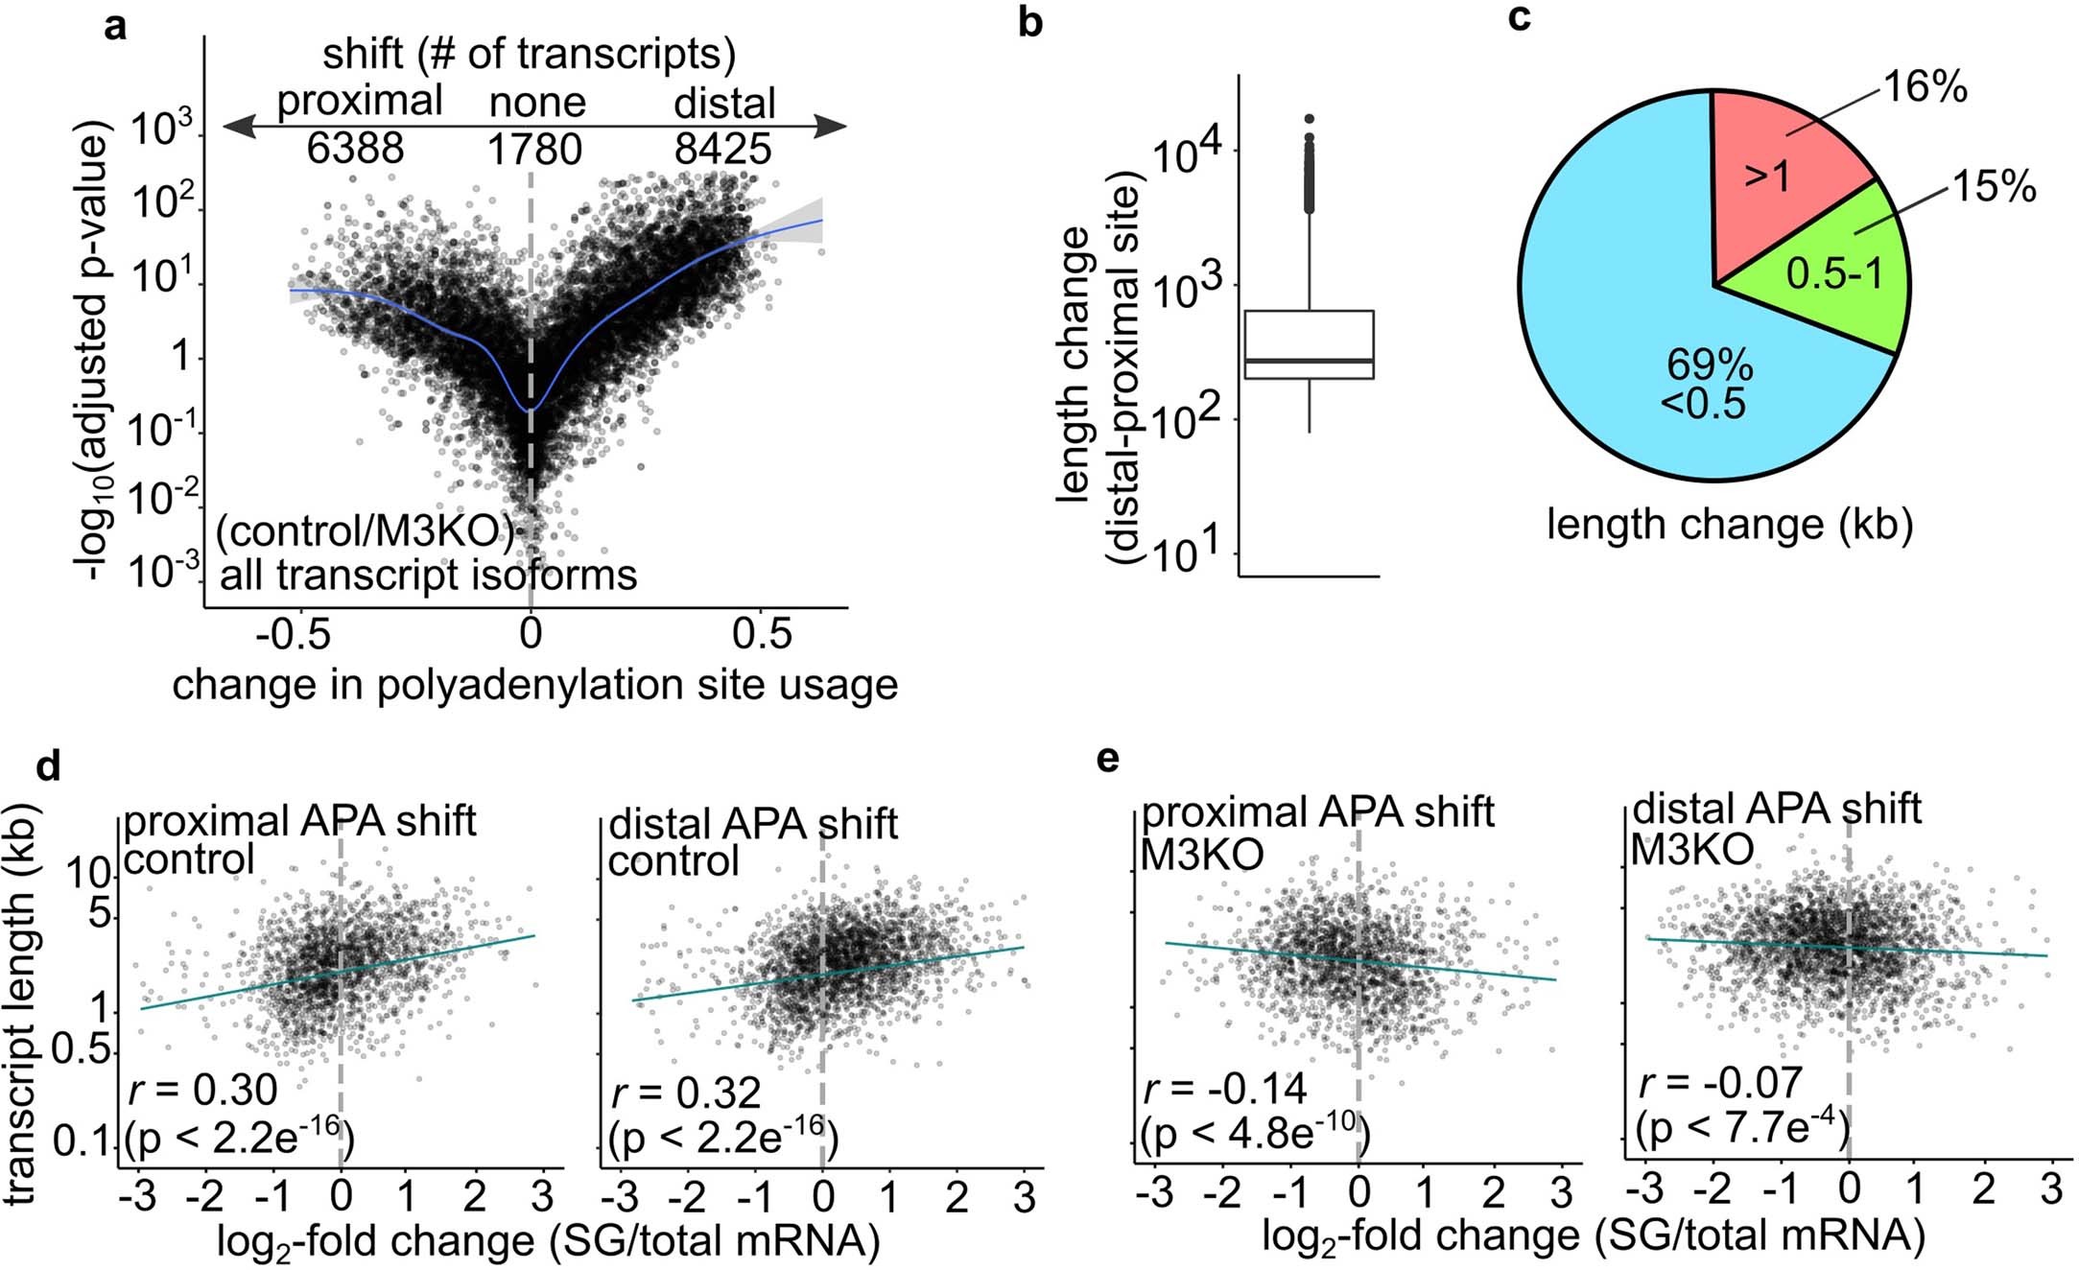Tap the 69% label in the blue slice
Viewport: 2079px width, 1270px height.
(x=1710, y=365)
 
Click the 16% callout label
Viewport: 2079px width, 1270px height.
(x=1925, y=87)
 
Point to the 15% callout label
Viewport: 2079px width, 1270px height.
(x=1994, y=185)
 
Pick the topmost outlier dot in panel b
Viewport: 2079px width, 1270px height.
(x=1309, y=119)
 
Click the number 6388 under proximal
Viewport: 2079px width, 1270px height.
(x=355, y=149)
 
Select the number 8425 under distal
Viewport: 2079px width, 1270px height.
(x=721, y=149)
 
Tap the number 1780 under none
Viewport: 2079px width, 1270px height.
(x=534, y=150)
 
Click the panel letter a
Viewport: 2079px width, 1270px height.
(x=115, y=27)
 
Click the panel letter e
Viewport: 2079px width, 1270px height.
(x=1108, y=759)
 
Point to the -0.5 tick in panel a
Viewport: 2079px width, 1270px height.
(x=295, y=634)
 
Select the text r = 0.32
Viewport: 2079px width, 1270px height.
(x=685, y=1093)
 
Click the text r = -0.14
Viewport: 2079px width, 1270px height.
(x=1224, y=1089)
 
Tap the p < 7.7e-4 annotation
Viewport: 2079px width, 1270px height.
(x=1741, y=1128)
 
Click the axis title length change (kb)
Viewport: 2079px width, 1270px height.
(x=1729, y=525)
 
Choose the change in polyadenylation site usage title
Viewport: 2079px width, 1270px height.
(x=534, y=685)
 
